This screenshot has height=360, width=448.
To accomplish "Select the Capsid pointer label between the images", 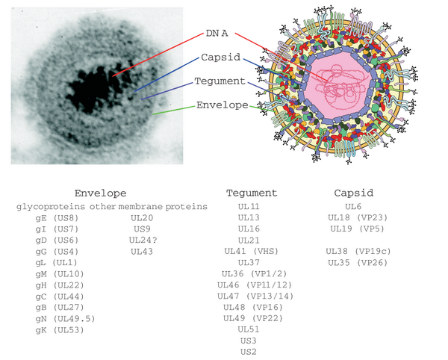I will click(x=220, y=58).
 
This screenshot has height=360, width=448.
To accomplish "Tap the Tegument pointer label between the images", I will click(x=218, y=81).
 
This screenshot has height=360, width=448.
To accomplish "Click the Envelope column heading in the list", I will click(x=101, y=193).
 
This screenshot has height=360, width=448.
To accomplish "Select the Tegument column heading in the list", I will click(x=252, y=193).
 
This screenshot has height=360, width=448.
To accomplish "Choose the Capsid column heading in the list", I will click(x=354, y=193).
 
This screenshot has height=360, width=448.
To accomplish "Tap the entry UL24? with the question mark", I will click(x=144, y=240).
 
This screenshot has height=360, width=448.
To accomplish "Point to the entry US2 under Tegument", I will click(x=249, y=353).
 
